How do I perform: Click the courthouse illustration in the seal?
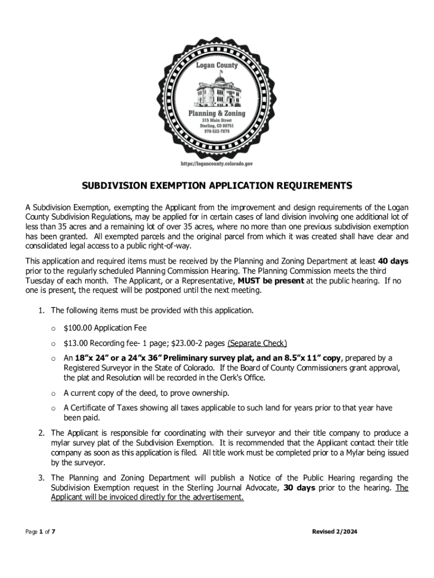pos(216,91)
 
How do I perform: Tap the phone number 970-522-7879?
pos(217,131)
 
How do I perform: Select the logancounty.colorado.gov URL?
pos(216,163)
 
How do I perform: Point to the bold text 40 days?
pos(392,261)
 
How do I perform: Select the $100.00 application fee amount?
pos(78,328)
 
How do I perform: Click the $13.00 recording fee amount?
pos(76,343)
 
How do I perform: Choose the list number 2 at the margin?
pos(42,433)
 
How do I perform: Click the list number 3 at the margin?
pos(42,478)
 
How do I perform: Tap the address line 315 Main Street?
pos(217,120)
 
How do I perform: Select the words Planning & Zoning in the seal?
pos(216,113)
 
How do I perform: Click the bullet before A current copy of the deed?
pos(53,393)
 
